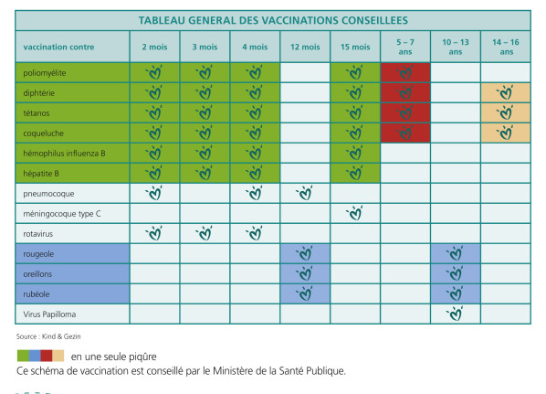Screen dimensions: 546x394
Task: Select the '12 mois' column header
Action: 305,47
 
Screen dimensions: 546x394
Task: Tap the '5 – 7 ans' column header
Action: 404,47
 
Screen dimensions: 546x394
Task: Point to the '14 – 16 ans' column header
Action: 504,47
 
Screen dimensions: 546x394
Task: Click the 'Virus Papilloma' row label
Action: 51,313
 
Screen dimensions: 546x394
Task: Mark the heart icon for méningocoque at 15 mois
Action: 355,213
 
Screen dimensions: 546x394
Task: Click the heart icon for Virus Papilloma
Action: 455,313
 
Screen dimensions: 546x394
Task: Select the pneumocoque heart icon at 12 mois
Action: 305,193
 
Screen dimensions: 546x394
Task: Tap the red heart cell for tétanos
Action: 404,112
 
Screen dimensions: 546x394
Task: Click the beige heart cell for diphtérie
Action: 504,92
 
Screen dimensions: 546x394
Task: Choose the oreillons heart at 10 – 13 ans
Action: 455,273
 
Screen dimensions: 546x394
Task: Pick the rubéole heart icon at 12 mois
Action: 305,293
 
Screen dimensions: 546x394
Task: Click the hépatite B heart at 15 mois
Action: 355,173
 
